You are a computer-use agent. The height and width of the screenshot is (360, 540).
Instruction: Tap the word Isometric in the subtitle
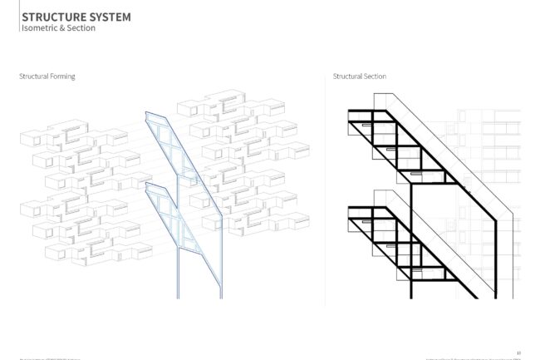(x=39, y=28)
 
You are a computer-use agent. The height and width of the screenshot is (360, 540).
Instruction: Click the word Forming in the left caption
(x=62, y=76)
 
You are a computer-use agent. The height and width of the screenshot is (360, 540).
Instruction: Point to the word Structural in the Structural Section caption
(x=347, y=76)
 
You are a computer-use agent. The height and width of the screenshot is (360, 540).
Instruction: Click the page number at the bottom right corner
(x=518, y=352)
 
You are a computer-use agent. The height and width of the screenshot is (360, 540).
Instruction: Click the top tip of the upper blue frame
(x=146, y=112)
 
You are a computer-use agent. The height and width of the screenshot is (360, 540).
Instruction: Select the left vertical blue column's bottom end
(x=179, y=297)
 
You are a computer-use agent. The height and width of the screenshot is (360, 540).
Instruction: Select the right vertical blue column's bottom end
(x=221, y=297)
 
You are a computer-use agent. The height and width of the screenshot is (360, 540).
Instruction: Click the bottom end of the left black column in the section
(x=412, y=296)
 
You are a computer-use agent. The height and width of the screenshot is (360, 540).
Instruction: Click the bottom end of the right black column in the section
(x=495, y=296)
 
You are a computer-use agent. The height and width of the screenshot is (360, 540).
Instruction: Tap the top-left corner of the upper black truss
(x=349, y=111)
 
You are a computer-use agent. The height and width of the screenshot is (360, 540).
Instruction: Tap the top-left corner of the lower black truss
(x=349, y=205)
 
